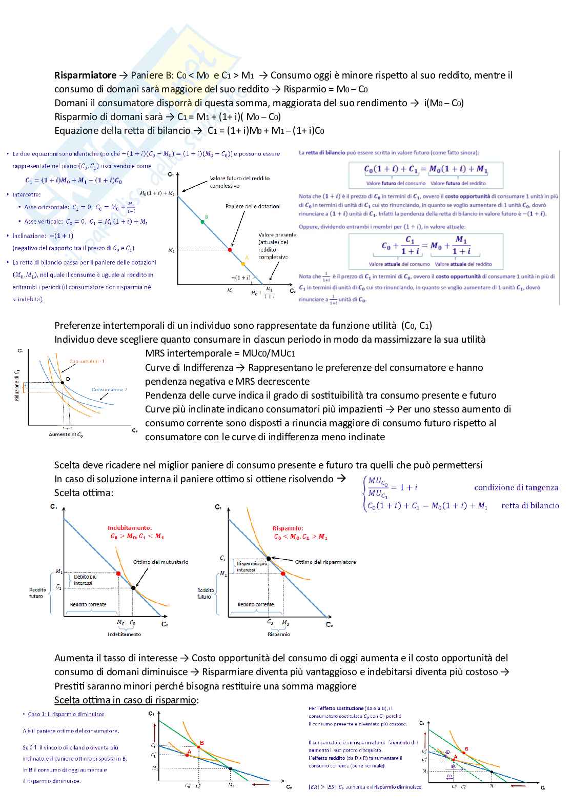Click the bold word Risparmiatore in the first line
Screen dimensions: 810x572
tap(85, 75)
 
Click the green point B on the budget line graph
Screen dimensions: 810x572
tap(202, 222)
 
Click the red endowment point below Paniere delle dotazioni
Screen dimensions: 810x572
tap(230, 250)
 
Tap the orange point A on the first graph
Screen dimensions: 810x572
tap(243, 264)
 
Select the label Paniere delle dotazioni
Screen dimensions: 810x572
tap(253, 206)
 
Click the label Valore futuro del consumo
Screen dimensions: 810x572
tap(395, 183)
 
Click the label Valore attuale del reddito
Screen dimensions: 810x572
tap(463, 264)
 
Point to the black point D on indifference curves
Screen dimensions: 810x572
tap(63, 382)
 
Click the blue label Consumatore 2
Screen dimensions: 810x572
tap(109, 389)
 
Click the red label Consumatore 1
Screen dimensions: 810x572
tap(87, 361)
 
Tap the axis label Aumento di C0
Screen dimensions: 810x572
tap(66, 434)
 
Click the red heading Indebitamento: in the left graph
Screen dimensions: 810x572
tap(130, 527)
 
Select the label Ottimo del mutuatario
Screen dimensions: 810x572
tap(160, 562)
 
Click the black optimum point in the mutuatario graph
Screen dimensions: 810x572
tap(133, 588)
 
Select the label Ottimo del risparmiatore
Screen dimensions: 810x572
tap(325, 562)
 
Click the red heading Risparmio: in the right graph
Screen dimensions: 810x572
tap(288, 528)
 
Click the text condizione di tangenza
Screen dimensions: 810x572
tap(516, 487)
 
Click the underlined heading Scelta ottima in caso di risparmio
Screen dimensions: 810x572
tap(126, 700)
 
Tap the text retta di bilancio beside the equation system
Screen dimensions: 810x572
tap(530, 505)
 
